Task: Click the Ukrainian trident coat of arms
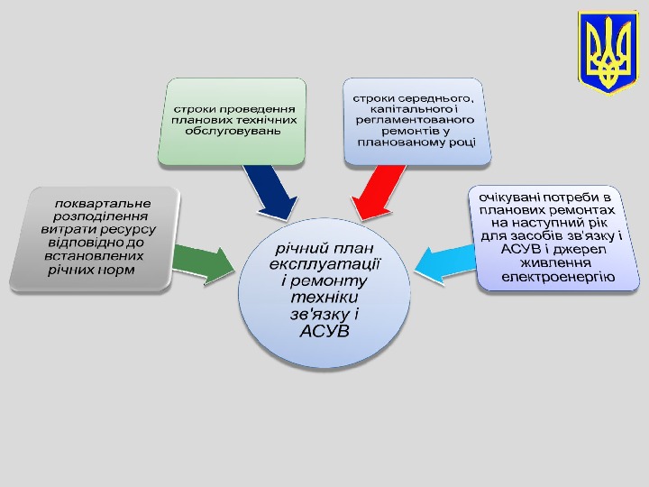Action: [608, 53]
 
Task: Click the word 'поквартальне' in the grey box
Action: [103, 203]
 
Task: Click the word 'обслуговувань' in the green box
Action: [233, 130]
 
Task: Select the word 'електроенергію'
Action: [558, 277]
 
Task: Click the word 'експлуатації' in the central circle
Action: [325, 263]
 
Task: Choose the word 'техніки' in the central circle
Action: [326, 298]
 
